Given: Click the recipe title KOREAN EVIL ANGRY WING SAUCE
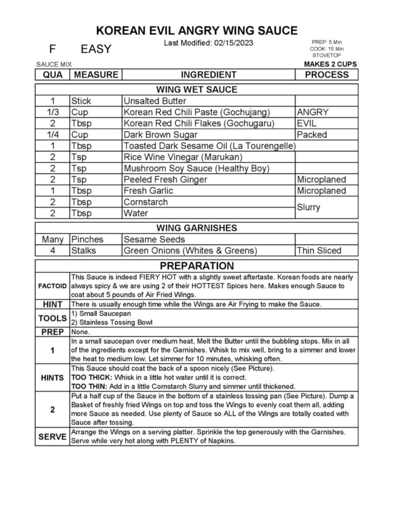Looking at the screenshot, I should coord(197,31).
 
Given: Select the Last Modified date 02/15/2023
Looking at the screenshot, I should coord(233,43).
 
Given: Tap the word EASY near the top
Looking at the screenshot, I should coord(96,49).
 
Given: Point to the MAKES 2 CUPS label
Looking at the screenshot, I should coord(330,64).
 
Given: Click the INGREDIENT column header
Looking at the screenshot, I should coord(208,75).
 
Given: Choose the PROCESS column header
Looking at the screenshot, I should coord(326,75).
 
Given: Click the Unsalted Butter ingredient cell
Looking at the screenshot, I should coord(155,101).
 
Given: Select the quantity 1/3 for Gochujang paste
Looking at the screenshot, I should coord(52,112).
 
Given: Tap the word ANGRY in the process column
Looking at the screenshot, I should coord(312,112).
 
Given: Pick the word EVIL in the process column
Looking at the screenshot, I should coord(306,123).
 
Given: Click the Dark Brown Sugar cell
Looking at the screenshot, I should coord(160,135).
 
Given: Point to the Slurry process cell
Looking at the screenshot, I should coord(309,207).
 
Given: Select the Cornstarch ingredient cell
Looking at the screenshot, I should coord(146,202).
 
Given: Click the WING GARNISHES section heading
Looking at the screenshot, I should coord(197,228).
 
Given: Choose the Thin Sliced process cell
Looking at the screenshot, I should coord(319,251).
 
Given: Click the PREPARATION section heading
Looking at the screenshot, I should coord(197,266).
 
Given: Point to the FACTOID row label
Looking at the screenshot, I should coord(52,286).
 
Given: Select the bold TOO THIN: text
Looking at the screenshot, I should coord(89,386).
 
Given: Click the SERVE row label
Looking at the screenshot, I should coord(52,437).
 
